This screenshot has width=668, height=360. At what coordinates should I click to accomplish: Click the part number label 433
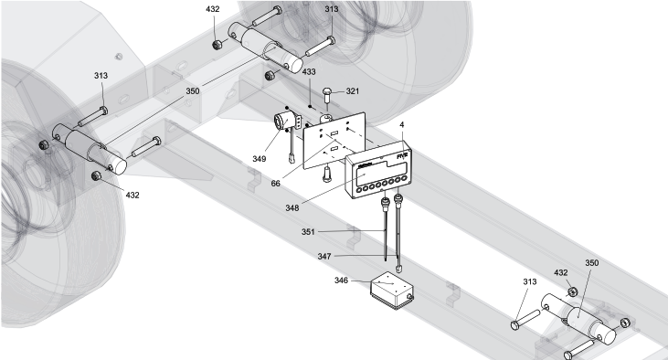pos(309,72)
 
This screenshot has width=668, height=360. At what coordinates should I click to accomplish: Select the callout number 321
pos(353,91)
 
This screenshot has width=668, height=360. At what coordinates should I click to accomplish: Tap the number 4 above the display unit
pos(402,125)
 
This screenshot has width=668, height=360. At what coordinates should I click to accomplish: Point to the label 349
pos(259,159)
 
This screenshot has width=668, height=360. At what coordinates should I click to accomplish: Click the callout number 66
pos(276,184)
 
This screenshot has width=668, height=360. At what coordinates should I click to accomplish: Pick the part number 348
pos(292,208)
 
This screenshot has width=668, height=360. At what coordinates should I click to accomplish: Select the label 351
pos(308,232)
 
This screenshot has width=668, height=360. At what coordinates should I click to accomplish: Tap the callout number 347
pos(324,257)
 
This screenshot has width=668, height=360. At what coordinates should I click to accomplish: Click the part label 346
pos(341,281)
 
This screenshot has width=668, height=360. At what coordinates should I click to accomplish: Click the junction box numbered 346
pos(392,290)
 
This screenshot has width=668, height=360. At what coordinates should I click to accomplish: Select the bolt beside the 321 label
pos(327,94)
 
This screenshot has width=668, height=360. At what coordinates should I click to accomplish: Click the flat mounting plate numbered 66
pos(334,141)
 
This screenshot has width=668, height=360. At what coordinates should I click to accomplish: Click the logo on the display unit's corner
pos(403,156)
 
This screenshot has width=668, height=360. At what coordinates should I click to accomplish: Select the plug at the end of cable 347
pos(398,269)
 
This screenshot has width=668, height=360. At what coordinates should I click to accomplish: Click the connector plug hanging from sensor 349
pos(292,159)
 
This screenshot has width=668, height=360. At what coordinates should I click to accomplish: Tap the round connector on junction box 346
pos(409,297)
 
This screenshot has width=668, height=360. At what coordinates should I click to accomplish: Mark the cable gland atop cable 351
pos(386,201)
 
